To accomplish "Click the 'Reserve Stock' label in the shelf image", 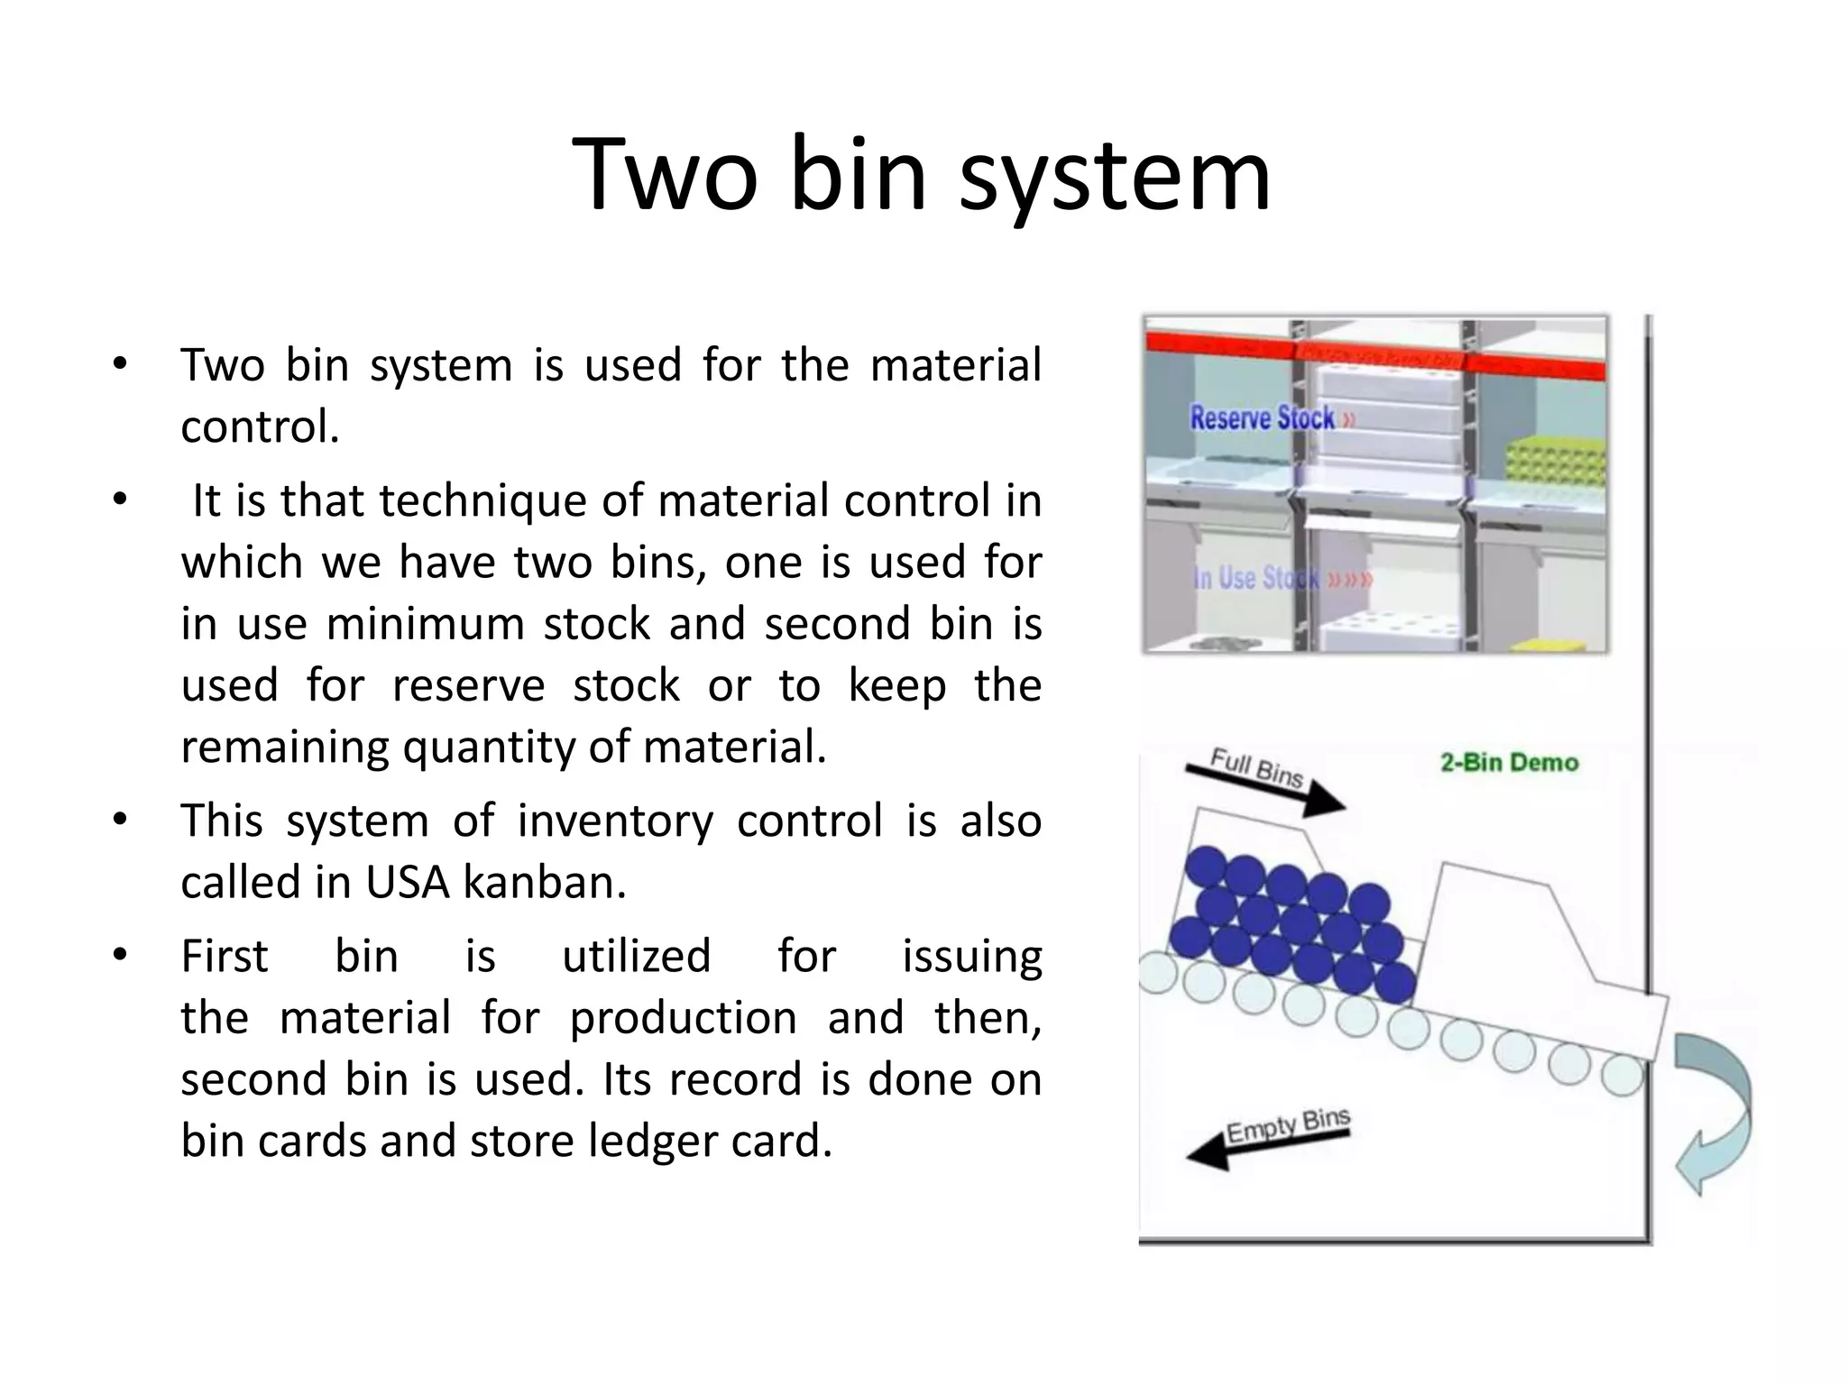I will pyautogui.click(x=1263, y=418).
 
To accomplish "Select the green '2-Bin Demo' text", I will pyautogui.click(x=1509, y=763).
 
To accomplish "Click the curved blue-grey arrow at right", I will pyautogui.click(x=1714, y=1114).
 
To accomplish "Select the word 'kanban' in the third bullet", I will pyautogui.click(x=544, y=882).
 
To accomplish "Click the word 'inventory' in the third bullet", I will pyautogui.click(x=613, y=821).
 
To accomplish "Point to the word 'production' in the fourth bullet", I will pyautogui.click(x=683, y=1018).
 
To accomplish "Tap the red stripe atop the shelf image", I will pyautogui.click(x=1374, y=353).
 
